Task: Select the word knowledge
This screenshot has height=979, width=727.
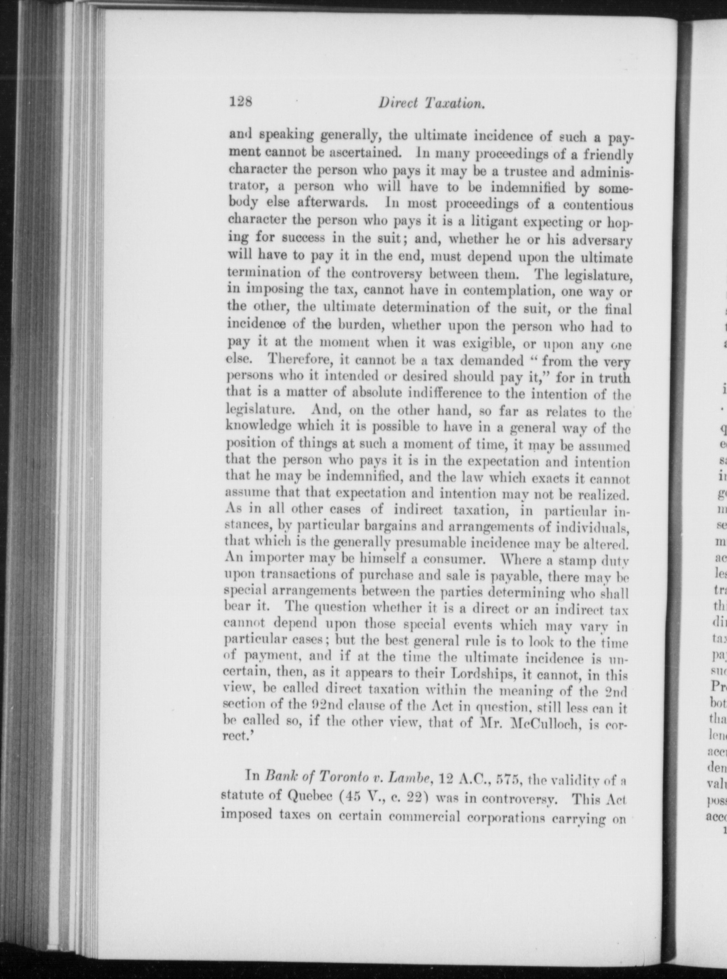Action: tap(259, 427)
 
